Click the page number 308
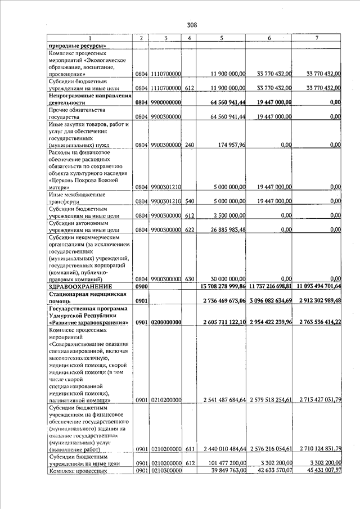192,25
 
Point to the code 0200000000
165,322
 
